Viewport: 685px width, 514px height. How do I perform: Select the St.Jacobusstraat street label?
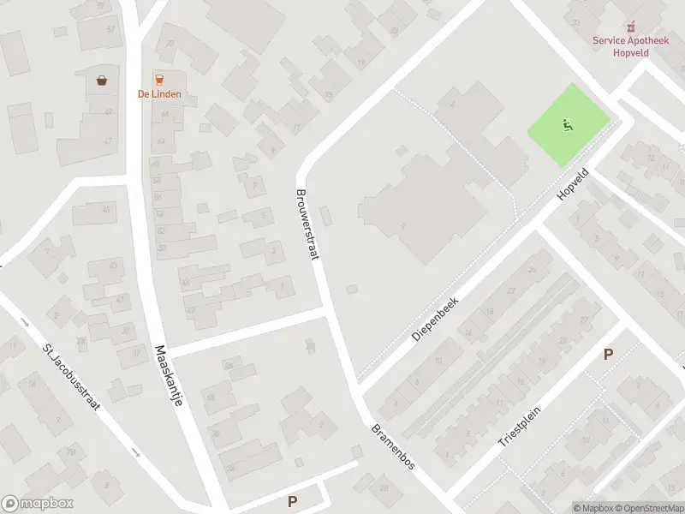(x=71, y=377)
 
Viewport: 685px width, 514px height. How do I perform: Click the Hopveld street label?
(x=568, y=182)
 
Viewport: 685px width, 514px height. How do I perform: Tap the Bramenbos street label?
(x=393, y=446)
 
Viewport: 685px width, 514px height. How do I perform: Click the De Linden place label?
(x=159, y=94)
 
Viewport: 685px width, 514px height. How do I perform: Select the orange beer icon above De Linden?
(x=159, y=79)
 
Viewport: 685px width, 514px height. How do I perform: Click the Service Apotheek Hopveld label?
(x=630, y=45)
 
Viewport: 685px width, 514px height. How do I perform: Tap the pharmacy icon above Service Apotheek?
(x=631, y=26)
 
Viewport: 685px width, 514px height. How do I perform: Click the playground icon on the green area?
(x=567, y=126)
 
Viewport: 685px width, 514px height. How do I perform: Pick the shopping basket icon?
(x=102, y=81)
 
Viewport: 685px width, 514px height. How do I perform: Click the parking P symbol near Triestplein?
(x=609, y=354)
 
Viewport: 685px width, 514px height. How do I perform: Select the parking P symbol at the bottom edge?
(x=293, y=501)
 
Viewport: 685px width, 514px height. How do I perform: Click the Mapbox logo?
(x=38, y=504)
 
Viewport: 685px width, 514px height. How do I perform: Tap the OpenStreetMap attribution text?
(x=649, y=508)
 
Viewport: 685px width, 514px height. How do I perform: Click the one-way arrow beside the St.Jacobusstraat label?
(x=25, y=324)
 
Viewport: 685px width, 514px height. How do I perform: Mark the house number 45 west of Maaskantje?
(x=106, y=210)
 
